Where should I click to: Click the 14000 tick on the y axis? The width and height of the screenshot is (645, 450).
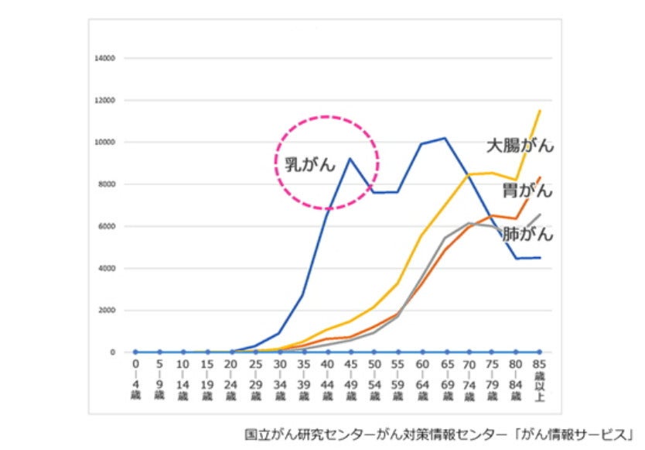pyautogui.click(x=104, y=58)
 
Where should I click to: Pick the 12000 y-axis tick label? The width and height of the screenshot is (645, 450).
pyautogui.click(x=104, y=101)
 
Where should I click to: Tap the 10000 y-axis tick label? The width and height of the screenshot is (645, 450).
pyautogui.click(x=104, y=143)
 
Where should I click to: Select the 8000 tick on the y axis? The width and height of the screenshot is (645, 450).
pyautogui.click(x=106, y=184)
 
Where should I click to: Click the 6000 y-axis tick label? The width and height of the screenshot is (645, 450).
pyautogui.click(x=106, y=226)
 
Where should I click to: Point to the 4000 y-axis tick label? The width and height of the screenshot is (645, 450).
pyautogui.click(x=106, y=268)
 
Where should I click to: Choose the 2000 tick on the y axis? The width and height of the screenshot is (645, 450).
pyautogui.click(x=106, y=310)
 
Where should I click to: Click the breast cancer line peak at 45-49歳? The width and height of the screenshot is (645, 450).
pyautogui.click(x=350, y=159)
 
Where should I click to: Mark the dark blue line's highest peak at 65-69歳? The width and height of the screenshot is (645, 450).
pyautogui.click(x=444, y=138)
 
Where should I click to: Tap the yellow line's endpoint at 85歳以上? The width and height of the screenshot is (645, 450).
pyautogui.click(x=539, y=110)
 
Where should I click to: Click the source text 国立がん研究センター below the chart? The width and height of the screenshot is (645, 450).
pyautogui.click(x=310, y=432)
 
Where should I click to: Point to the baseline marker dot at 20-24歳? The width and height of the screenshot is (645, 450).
pyautogui.click(x=231, y=352)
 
